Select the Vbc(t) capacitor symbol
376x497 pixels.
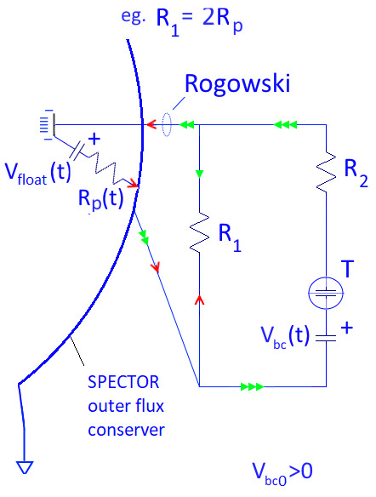click(326, 338)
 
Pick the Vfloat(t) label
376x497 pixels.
click(37, 173)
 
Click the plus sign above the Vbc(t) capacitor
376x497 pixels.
click(347, 323)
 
